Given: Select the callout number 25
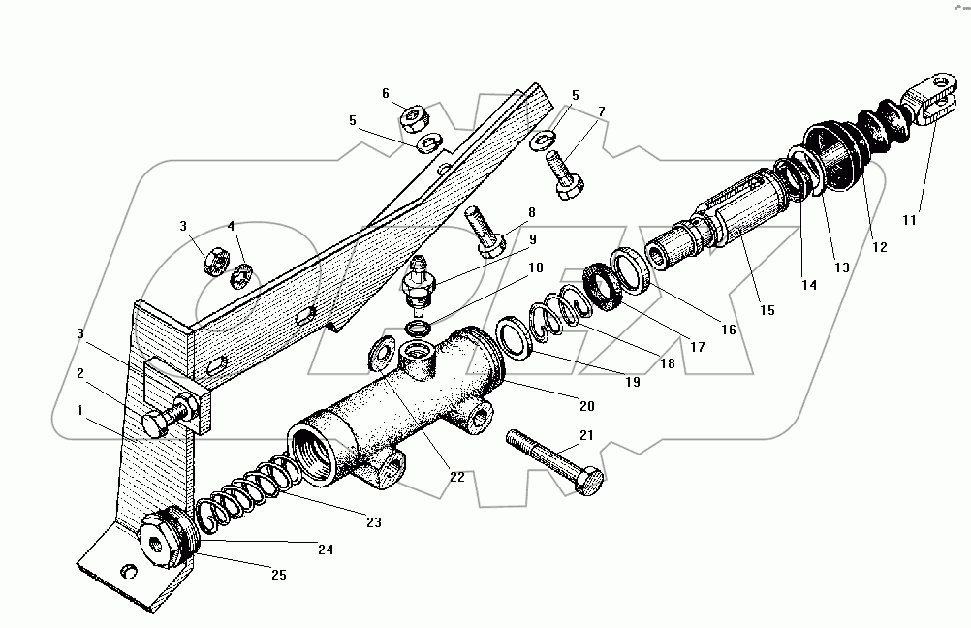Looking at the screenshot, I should [278, 576].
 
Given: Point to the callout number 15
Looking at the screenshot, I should [767, 311].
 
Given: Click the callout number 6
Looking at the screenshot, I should [385, 94].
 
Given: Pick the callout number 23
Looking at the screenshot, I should [373, 522].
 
